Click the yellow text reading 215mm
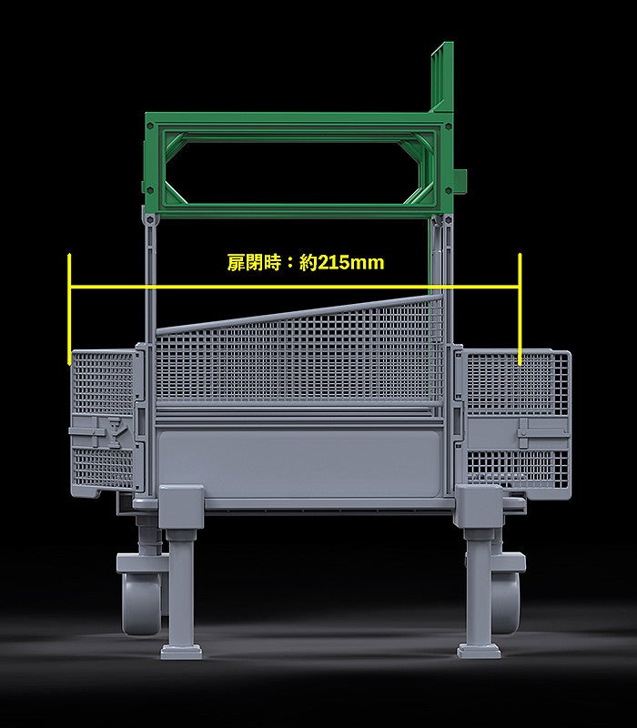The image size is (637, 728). [x=351, y=263]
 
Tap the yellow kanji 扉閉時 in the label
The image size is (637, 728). [x=254, y=263]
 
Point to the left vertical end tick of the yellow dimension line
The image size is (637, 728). [x=69, y=308]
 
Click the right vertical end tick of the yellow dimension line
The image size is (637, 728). [x=520, y=308]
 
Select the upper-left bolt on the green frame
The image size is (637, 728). [x=150, y=126]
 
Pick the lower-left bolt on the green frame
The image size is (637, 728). [x=150, y=190]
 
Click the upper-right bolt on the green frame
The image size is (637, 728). [x=448, y=126]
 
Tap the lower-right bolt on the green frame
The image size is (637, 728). [x=448, y=190]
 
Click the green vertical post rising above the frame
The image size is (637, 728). [x=442, y=76]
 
